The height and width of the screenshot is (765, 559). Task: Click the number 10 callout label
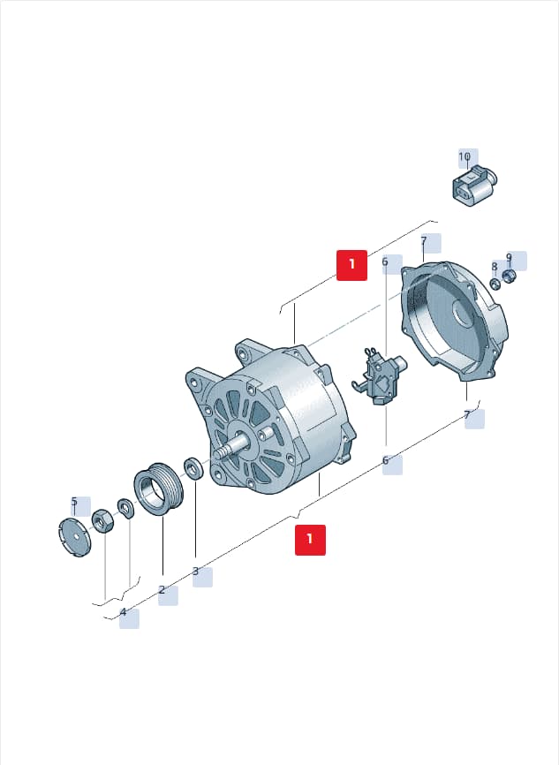465,157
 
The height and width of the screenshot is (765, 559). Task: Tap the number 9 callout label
509,257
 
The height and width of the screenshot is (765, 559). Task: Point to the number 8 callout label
495,267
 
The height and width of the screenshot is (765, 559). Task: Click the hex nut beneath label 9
509,277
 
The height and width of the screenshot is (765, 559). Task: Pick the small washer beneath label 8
495,283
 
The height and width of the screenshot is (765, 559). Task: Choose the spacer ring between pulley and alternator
193,468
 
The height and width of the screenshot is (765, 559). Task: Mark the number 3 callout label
195,571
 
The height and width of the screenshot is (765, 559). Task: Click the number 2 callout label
162,590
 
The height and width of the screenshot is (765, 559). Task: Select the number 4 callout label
123,612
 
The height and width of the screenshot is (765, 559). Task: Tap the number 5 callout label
74,502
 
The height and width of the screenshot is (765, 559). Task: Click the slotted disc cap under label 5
74,538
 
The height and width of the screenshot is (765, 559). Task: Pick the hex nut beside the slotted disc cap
103,521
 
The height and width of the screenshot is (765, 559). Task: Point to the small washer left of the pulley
125,510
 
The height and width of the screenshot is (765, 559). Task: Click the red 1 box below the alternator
310,540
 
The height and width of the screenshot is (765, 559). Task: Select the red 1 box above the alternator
351,265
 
